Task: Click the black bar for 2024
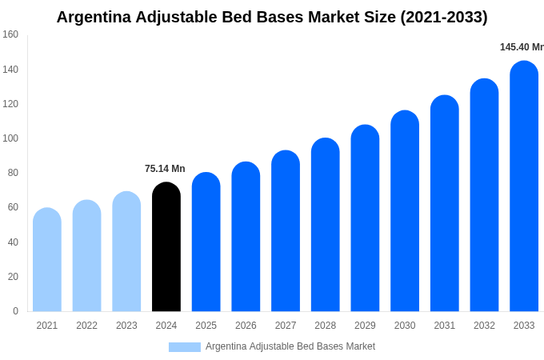coord(166,248)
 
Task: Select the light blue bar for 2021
coord(47,260)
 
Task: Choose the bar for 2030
coord(405,211)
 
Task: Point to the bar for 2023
coord(126,252)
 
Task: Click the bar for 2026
coord(246,237)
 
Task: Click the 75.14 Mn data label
coord(165,169)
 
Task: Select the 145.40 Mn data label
coord(521,47)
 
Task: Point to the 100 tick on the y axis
coord(10,138)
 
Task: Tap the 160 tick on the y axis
coord(10,34)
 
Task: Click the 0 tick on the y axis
coord(15,311)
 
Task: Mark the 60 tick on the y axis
coord(13,207)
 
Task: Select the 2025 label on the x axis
coord(206,326)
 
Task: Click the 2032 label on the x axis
coord(484,326)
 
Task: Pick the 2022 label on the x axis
coord(86,326)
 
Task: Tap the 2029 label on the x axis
coord(365,326)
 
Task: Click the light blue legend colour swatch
coord(184,347)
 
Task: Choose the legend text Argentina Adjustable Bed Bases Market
coord(290,346)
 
